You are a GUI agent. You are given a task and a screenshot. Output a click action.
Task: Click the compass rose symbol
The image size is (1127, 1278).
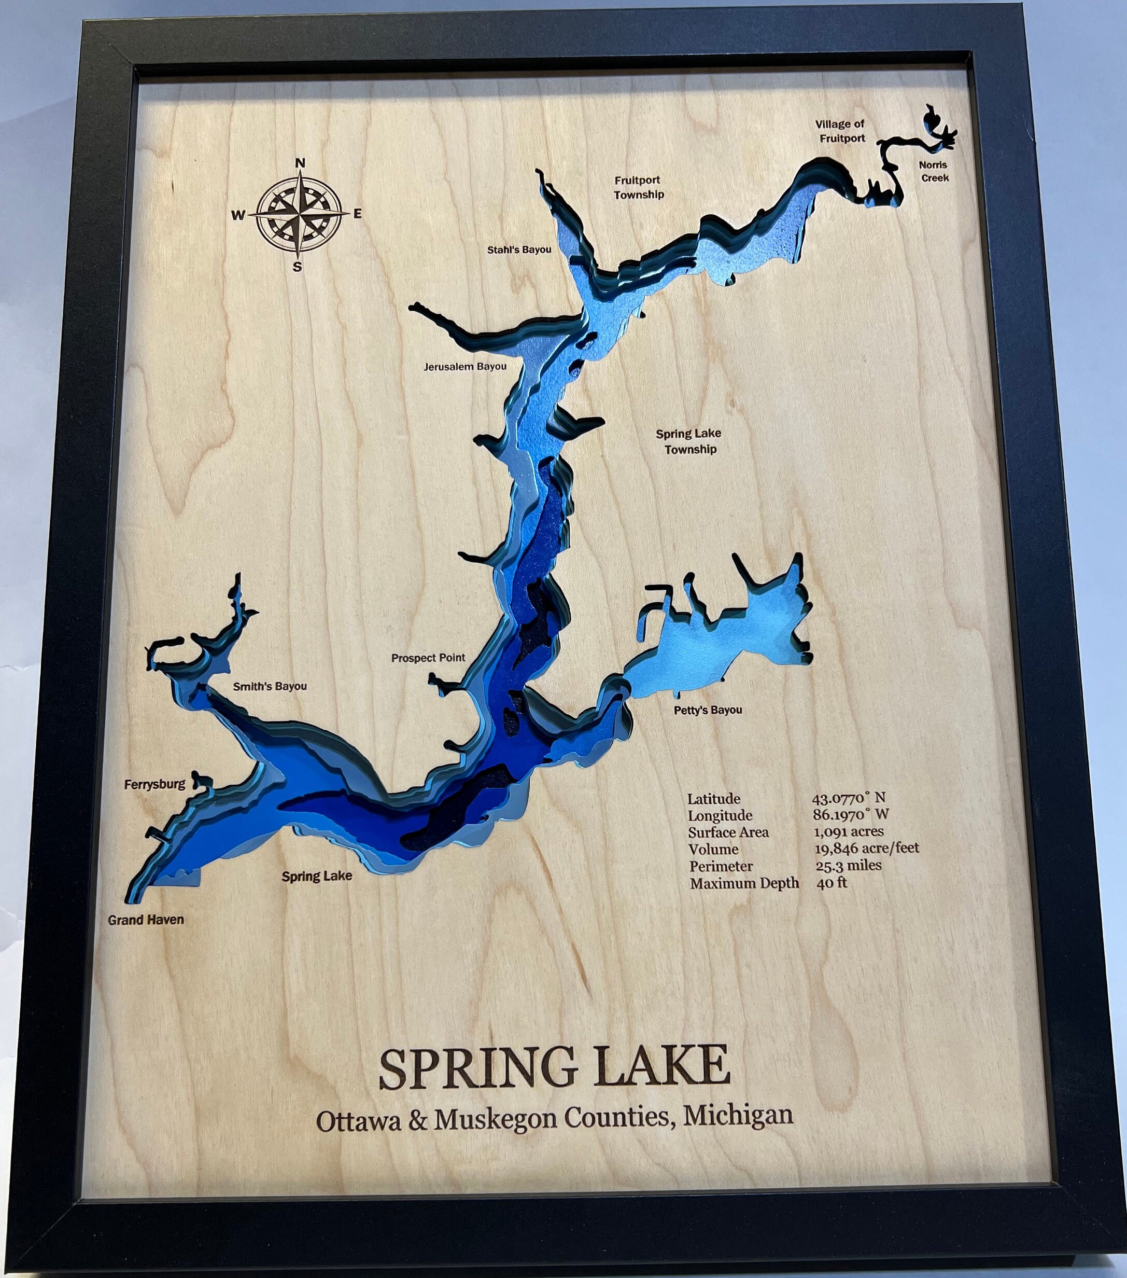click(300, 214)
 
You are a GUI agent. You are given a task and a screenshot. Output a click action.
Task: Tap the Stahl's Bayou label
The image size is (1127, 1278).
click(519, 250)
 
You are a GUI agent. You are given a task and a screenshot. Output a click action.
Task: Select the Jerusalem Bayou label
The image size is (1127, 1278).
click(465, 366)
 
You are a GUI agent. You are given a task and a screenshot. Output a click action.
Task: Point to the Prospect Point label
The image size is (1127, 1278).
click(428, 658)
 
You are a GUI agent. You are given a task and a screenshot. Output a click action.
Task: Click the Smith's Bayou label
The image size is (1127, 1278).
click(270, 687)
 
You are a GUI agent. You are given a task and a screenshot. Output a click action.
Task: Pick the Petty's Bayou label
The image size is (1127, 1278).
click(708, 710)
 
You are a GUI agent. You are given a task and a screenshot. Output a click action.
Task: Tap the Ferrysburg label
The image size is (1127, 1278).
click(154, 784)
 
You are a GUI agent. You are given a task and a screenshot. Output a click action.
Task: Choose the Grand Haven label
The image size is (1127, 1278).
click(146, 920)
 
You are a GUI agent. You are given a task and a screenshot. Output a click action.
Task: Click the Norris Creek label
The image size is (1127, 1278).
click(933, 171)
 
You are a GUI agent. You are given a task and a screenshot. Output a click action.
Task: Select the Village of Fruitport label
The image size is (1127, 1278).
click(841, 131)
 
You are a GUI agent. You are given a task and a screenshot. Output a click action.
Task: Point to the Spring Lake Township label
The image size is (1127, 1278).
click(689, 441)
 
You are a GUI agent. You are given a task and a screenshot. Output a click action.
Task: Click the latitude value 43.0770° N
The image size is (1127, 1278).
click(848, 798)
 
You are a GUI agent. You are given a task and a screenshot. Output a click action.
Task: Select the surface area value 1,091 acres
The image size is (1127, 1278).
click(848, 831)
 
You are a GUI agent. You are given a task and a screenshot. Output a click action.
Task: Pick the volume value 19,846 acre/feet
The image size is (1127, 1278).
click(866, 849)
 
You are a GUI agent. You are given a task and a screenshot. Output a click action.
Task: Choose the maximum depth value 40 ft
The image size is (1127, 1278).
click(832, 883)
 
